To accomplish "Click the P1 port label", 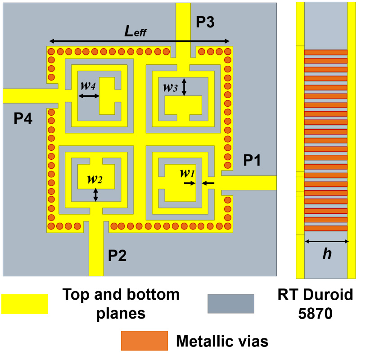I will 252,160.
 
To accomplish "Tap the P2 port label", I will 117,256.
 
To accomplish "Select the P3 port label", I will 205,22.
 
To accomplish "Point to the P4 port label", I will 23,119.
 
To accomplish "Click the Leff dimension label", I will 135,31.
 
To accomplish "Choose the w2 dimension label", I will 95,180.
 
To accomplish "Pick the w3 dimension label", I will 170,87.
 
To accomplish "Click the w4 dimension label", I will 87,85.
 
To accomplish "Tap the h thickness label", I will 327,254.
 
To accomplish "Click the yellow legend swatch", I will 25,304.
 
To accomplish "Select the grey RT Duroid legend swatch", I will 230,304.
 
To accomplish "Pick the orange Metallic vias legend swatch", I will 144,341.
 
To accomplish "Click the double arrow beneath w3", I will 184,87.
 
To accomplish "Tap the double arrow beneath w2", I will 95,194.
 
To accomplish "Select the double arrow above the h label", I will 327,242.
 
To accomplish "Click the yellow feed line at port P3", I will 183,22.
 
